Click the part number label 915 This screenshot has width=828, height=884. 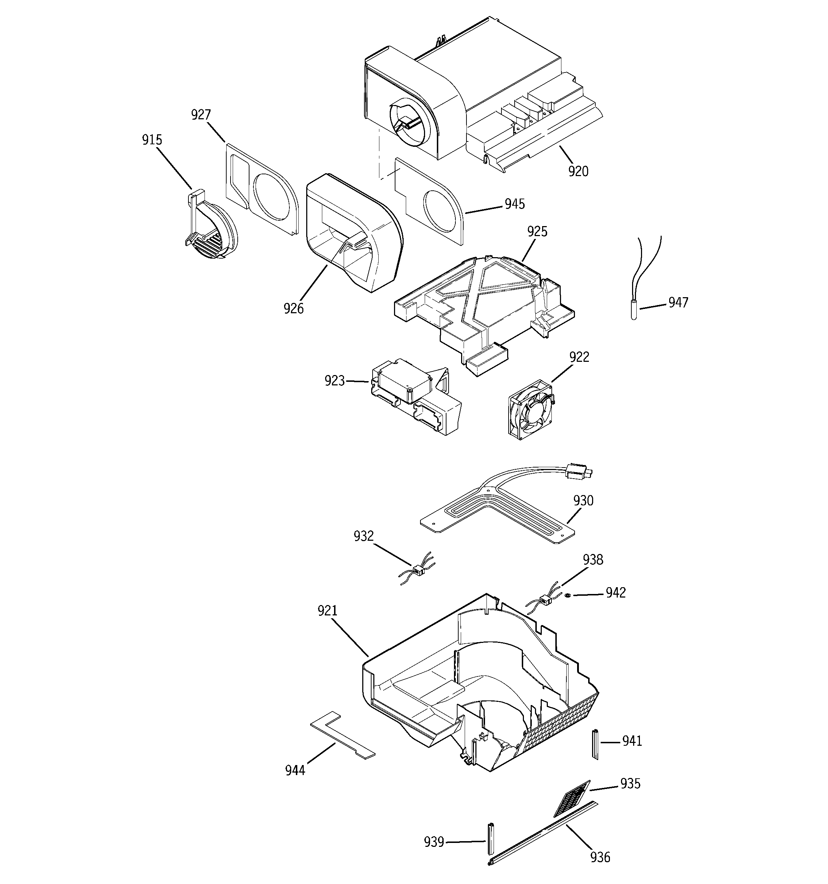pyautogui.click(x=152, y=140)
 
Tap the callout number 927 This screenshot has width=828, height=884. pyautogui.click(x=201, y=115)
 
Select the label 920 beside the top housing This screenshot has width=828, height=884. pyautogui.click(x=578, y=171)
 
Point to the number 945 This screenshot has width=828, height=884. pyautogui.click(x=515, y=204)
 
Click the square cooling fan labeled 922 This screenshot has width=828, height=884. pyautogui.click(x=531, y=408)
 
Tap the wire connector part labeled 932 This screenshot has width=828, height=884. pyautogui.click(x=418, y=569)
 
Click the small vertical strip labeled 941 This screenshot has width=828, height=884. pyautogui.click(x=595, y=744)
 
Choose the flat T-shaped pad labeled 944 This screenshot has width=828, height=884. pyautogui.click(x=342, y=737)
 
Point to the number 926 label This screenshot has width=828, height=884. pyautogui.click(x=293, y=308)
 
